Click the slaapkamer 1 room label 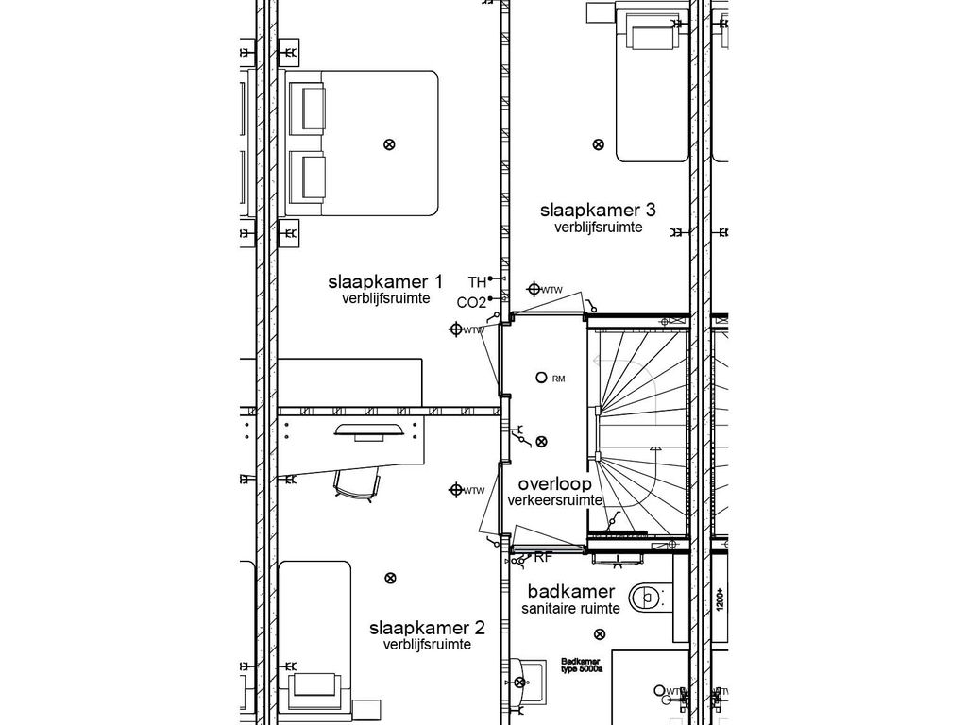pyautogui.click(x=385, y=281)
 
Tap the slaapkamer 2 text pyautogui.click(x=427, y=628)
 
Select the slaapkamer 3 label pyautogui.click(x=598, y=210)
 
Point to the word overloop pyautogui.click(x=554, y=483)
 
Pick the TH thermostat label pyautogui.click(x=477, y=281)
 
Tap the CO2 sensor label pyautogui.click(x=470, y=303)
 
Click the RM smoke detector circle pyautogui.click(x=541, y=378)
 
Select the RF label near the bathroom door pyautogui.click(x=543, y=558)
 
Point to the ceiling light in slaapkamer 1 pyautogui.click(x=388, y=144)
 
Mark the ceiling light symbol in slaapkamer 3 pyautogui.click(x=598, y=144)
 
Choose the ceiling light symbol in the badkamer pyautogui.click(x=598, y=634)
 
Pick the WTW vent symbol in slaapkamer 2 pyautogui.click(x=456, y=489)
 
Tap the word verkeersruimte pyautogui.click(x=554, y=500)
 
